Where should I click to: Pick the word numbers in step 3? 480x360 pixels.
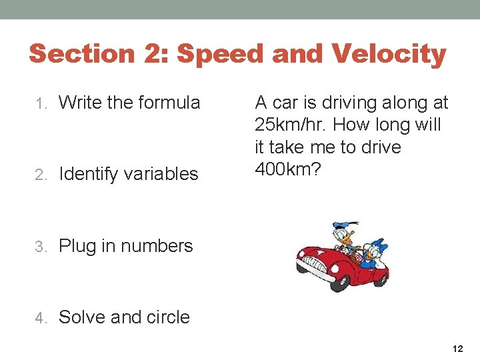click(x=156, y=246)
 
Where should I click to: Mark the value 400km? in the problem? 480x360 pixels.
click(x=288, y=169)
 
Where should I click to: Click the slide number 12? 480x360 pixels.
click(x=457, y=349)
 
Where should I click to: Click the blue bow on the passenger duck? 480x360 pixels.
click(x=379, y=245)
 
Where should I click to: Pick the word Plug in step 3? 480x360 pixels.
click(x=78, y=246)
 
